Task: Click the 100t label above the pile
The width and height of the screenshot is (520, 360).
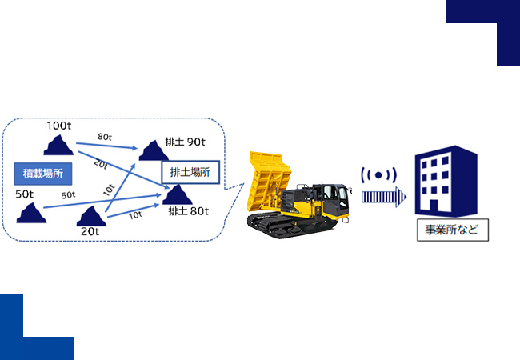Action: [58, 126]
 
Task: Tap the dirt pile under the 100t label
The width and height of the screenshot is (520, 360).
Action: [57, 145]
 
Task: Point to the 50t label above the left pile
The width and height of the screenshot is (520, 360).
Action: [25, 194]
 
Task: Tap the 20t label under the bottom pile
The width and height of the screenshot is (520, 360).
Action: [90, 231]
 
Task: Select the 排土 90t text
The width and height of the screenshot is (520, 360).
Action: [186, 142]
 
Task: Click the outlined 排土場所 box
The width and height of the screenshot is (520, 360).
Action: [190, 171]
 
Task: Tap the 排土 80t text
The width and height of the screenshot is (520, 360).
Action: [188, 212]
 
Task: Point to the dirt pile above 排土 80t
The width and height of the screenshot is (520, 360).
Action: [178, 194]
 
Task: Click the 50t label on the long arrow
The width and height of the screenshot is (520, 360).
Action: [68, 195]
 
